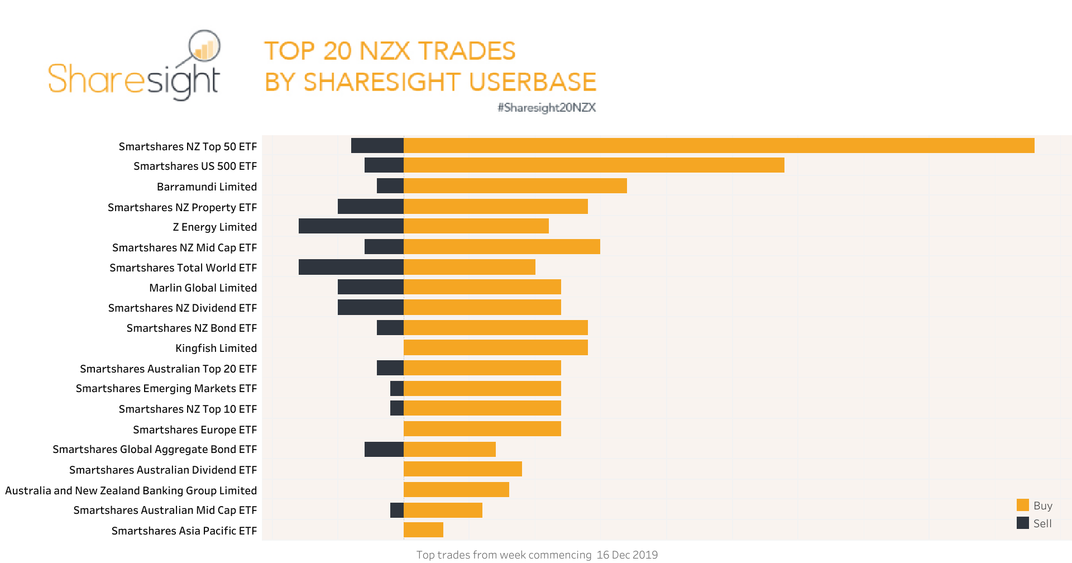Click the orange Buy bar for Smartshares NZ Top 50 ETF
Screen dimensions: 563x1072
tap(719, 146)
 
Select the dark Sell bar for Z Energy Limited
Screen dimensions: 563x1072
tap(351, 226)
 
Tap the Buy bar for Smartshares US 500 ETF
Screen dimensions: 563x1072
tap(594, 165)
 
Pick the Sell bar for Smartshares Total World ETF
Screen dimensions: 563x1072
tap(351, 267)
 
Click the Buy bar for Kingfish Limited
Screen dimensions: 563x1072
tap(495, 347)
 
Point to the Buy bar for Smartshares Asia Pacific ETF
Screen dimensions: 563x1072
tap(423, 530)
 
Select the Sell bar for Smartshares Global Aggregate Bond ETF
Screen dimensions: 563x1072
tap(384, 449)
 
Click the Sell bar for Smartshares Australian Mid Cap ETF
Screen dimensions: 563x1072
tap(396, 510)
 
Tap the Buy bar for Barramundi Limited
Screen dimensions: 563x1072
tap(515, 186)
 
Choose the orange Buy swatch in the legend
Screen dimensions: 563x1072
tap(1022, 505)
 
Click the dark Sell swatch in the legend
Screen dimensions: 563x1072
tap(1022, 523)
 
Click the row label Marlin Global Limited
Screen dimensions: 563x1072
tap(203, 288)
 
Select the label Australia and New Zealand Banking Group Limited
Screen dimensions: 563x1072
tap(131, 490)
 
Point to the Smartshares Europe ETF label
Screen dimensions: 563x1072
tap(194, 430)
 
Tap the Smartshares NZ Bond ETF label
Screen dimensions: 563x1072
tap(192, 328)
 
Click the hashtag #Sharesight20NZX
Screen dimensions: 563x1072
tap(547, 107)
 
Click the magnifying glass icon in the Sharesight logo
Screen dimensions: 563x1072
tap(204, 46)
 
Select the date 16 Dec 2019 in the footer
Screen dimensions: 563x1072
tap(627, 555)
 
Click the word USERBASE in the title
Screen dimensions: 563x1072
tap(533, 82)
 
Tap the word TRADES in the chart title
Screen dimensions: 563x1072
tap(467, 51)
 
